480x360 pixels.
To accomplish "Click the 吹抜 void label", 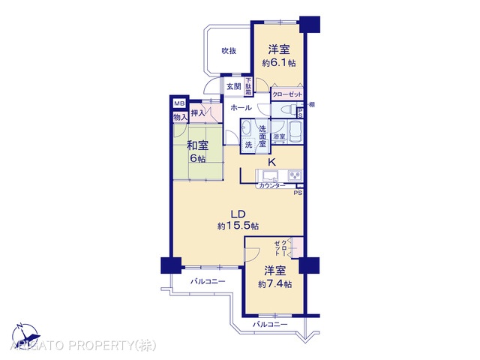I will point(229,51).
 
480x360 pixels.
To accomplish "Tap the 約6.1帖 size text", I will point(278,64).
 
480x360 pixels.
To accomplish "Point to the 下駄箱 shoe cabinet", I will point(247,85).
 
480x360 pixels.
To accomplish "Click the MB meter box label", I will point(179,104).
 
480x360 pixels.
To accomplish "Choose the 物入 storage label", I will point(179,117).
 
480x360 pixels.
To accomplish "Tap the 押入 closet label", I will point(198,113).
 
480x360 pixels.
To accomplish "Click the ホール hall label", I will point(241,108).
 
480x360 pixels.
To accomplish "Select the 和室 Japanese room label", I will point(198,147).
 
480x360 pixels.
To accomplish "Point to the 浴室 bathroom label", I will point(279,137).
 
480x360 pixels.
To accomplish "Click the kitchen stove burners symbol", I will point(295,176).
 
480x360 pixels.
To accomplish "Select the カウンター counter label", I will point(271,184).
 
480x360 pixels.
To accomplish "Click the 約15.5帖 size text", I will point(238,226).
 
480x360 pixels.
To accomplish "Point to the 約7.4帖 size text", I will point(274,283).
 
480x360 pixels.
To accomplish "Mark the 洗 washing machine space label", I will point(248,144).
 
